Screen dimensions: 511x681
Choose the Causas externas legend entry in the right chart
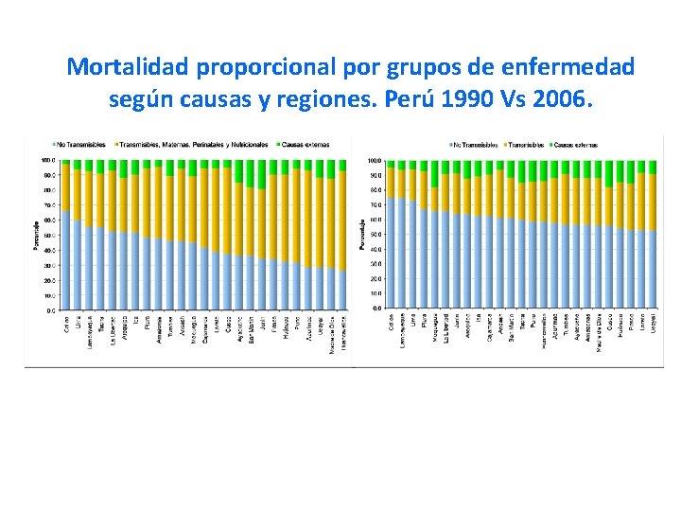(x=580, y=145)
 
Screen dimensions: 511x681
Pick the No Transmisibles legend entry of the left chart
(x=82, y=145)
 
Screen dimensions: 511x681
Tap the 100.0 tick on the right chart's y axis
(x=375, y=161)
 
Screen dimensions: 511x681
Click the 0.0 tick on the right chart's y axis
(x=377, y=308)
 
